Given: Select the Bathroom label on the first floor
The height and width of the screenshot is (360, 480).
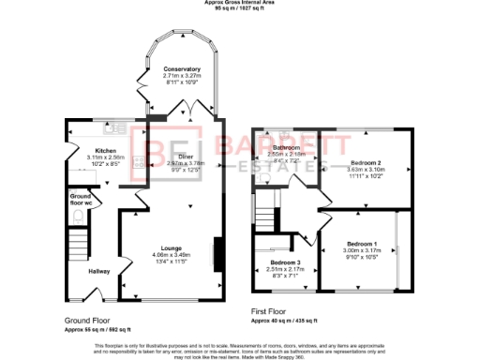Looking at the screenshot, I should click(285, 148).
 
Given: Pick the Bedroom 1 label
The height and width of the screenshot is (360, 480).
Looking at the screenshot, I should click(361, 244).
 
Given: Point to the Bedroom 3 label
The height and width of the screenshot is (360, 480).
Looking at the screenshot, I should click(284, 262).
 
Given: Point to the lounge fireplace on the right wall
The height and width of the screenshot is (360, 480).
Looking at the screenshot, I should click(217, 254).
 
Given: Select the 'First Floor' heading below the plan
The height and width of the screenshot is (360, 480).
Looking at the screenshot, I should click(273, 310).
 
